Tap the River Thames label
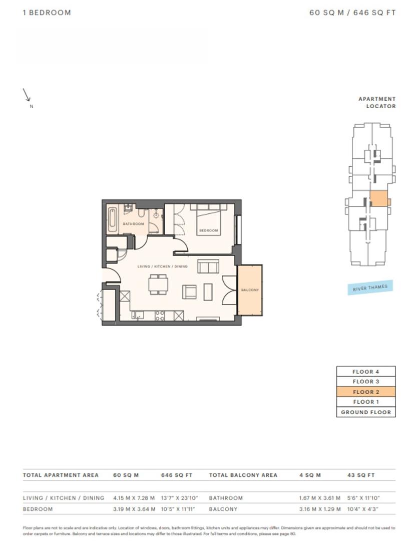pos(370,288)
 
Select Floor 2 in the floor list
pos(366,392)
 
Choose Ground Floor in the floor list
pos(366,412)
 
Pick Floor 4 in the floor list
pos(366,372)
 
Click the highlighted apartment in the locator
pos(379,199)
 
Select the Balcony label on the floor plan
pos(250,290)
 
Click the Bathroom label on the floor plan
pos(134,224)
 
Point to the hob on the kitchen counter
pos(160,316)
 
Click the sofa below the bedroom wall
pos(208,266)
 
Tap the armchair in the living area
pos(189,292)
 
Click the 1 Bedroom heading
pos(47,13)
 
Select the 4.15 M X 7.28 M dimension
pos(134,498)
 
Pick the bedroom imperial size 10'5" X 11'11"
pos(178,509)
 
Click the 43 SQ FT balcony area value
pos(361,475)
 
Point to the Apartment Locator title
pos(377,103)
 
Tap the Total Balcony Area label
pos(243,475)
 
